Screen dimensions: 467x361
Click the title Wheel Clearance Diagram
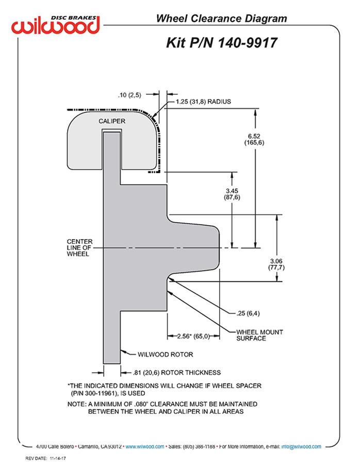coord(221,19)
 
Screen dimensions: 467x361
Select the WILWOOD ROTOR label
coord(166,355)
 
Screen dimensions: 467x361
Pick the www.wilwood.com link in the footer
coord(145,446)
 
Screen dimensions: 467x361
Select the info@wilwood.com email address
coord(301,446)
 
